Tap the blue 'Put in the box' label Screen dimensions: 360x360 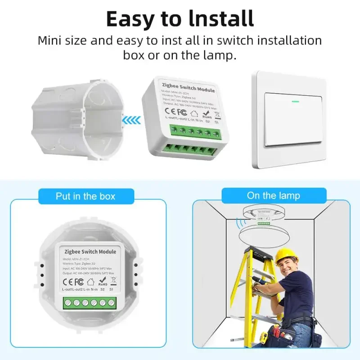[x=85, y=196]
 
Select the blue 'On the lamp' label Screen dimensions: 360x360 [x=273, y=195]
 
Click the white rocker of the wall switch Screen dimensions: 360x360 [x=295, y=119]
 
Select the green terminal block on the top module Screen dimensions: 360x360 [x=196, y=132]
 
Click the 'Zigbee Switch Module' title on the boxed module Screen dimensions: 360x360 [x=90, y=252]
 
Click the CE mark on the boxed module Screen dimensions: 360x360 [x=67, y=282]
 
